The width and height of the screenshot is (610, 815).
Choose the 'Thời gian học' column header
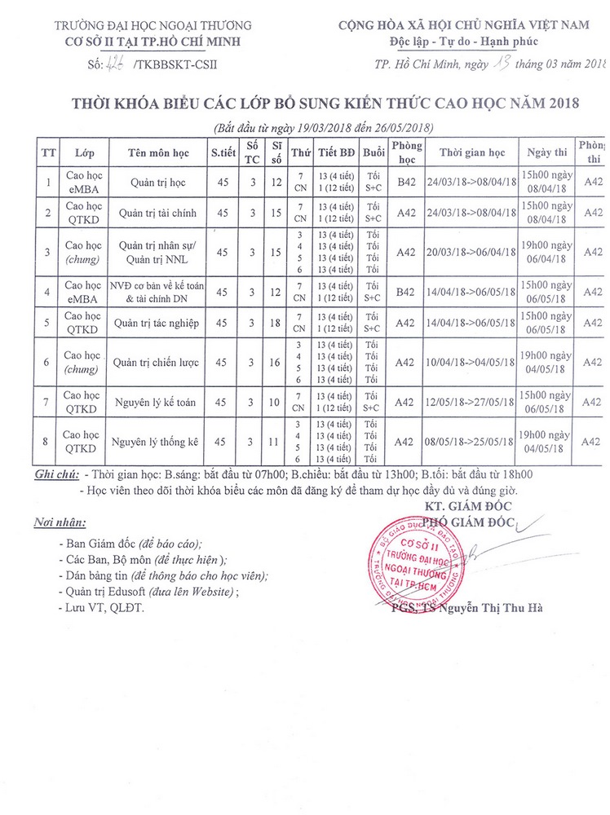pyautogui.click(x=472, y=152)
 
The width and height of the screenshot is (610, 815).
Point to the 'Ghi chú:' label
pyautogui.click(x=55, y=475)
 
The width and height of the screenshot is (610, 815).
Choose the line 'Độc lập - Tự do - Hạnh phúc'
pyautogui.click(x=463, y=41)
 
